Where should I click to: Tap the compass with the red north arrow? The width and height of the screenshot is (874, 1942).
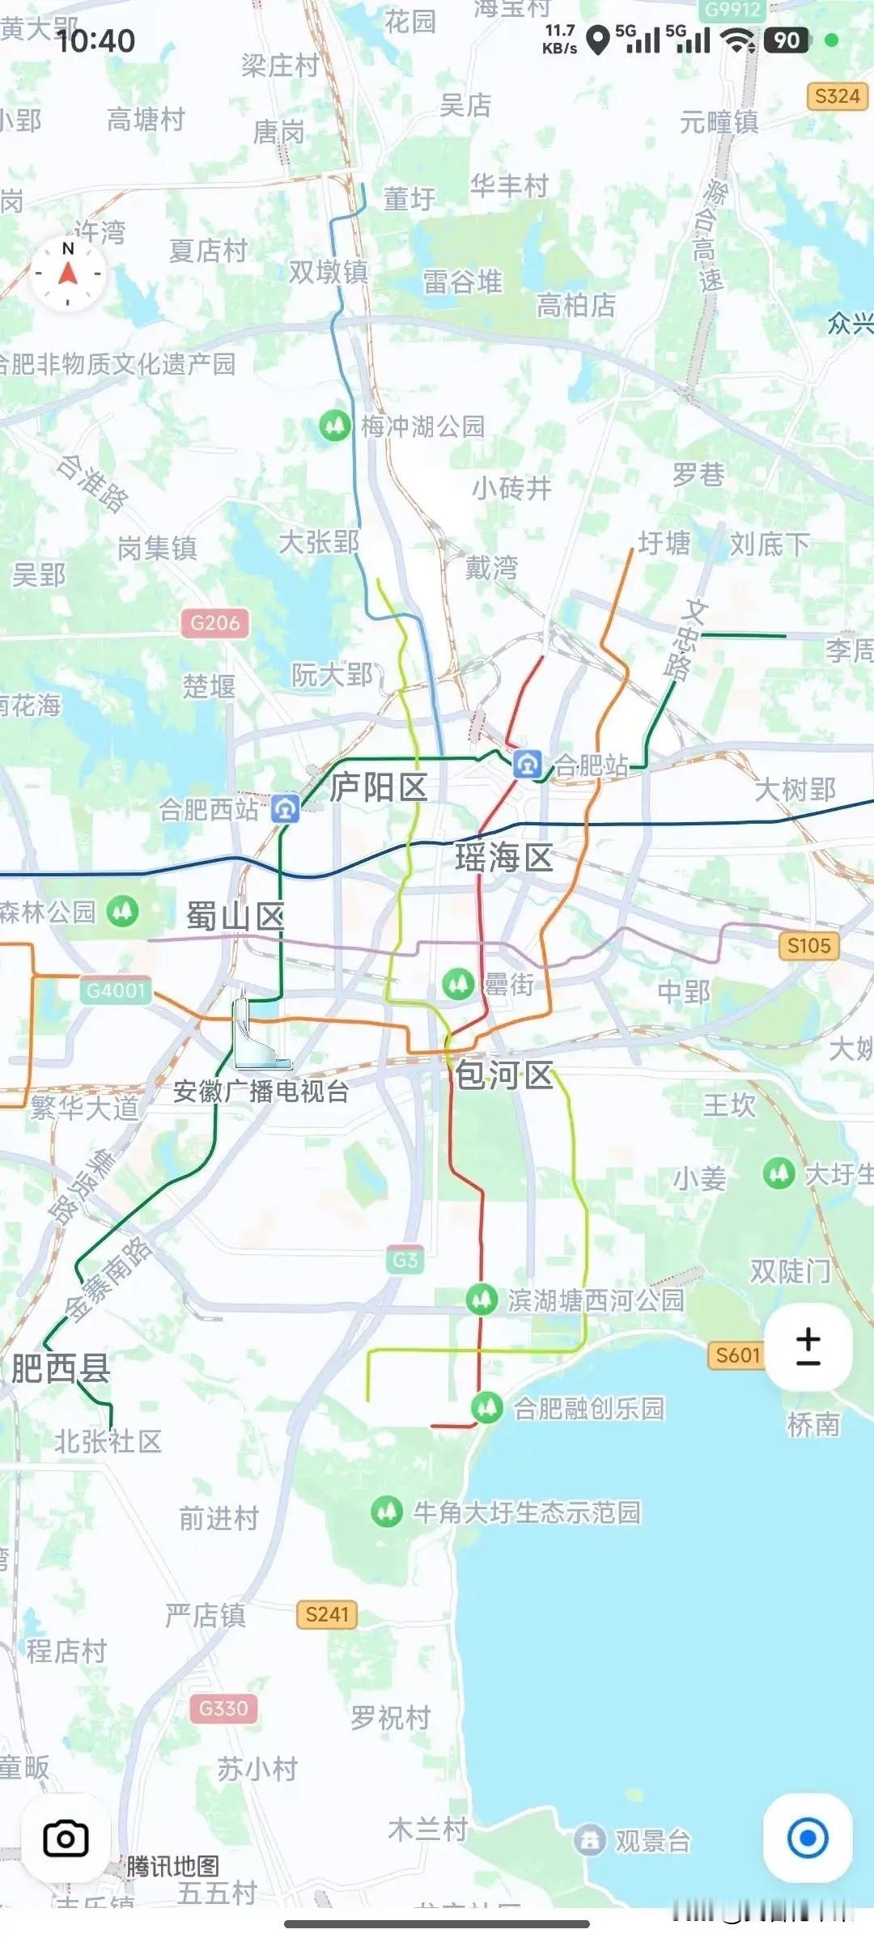[x=68, y=273]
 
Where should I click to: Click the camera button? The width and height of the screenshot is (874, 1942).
[x=66, y=1838]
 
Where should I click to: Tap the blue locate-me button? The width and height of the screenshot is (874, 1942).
[x=807, y=1838]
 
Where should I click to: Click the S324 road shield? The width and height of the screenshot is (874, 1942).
[x=837, y=96]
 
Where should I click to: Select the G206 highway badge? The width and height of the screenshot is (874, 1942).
[x=215, y=623]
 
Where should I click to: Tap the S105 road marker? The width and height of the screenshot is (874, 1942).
[x=808, y=945]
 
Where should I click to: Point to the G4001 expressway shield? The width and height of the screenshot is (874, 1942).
[x=116, y=990]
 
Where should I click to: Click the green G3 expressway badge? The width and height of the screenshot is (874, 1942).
[x=405, y=1260]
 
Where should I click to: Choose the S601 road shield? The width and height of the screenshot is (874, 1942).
[x=737, y=1355]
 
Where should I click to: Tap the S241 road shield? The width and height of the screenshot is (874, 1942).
[x=327, y=1614]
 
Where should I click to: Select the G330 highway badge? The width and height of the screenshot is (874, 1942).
[x=223, y=1708]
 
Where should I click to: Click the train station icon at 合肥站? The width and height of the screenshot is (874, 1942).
[x=528, y=763]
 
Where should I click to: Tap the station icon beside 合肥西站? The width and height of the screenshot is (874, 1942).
[x=285, y=808]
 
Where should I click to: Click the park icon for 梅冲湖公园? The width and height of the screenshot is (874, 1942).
[x=334, y=425]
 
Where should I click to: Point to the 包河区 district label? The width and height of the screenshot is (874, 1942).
[x=503, y=1075]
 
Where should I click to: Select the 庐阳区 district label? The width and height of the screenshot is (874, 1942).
[x=379, y=787]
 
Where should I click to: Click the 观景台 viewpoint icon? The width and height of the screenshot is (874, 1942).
[x=590, y=1840]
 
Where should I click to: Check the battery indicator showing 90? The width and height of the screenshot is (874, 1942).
[x=786, y=40]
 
